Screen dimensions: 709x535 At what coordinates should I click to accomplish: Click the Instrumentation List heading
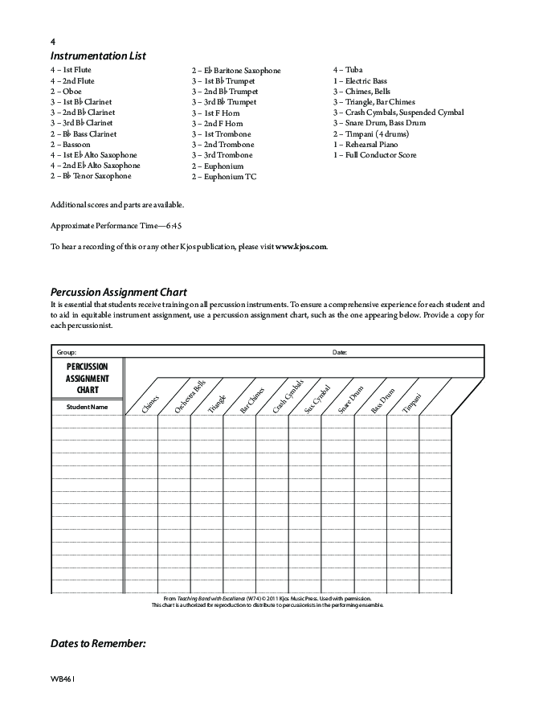click(x=98, y=56)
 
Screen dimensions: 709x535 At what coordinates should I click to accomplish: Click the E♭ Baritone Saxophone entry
click(x=236, y=71)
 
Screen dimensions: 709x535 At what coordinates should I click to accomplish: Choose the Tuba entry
click(x=348, y=70)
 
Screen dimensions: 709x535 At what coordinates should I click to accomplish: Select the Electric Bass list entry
click(x=360, y=81)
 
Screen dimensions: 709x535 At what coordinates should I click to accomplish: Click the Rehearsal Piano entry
click(x=366, y=145)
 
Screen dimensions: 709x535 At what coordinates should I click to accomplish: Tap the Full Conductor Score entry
click(x=375, y=155)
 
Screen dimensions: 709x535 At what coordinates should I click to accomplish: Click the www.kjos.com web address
click(x=301, y=246)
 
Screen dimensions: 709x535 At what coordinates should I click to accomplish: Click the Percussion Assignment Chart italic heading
click(x=118, y=292)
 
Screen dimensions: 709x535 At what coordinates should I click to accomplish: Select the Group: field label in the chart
click(x=66, y=352)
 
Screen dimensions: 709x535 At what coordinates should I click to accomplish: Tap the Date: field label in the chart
click(x=340, y=352)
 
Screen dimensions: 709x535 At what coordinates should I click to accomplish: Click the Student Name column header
click(x=87, y=407)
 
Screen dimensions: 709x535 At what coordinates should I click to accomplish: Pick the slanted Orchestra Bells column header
click(x=190, y=397)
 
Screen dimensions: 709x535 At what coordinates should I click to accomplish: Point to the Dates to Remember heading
click(x=98, y=644)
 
